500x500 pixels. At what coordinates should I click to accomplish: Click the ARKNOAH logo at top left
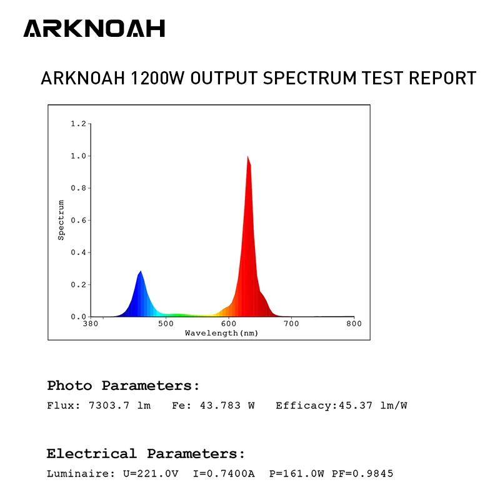[94, 28]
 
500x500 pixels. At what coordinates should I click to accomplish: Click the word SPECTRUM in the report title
[309, 78]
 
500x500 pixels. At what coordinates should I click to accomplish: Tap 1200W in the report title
[157, 78]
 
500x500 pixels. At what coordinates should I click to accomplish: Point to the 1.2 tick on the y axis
[79, 124]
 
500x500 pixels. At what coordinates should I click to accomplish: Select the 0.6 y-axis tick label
[79, 221]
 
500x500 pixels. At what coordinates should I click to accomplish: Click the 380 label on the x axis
[91, 324]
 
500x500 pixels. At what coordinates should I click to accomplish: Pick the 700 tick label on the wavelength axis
[291, 324]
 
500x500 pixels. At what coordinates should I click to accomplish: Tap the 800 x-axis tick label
[354, 324]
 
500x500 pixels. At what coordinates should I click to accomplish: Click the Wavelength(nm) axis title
[222, 333]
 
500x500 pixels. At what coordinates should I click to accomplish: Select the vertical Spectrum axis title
[61, 220]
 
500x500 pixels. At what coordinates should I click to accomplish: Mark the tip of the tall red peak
[247, 156]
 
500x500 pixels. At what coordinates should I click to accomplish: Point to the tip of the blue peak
[141, 271]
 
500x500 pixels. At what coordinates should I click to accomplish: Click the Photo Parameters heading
[123, 386]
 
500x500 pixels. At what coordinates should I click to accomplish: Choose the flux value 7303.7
[109, 406]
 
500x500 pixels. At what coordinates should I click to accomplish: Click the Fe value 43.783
[221, 406]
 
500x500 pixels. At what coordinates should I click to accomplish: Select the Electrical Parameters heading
[146, 454]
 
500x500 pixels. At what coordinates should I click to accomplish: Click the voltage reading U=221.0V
[151, 474]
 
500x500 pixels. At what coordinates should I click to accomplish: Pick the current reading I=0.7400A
[224, 474]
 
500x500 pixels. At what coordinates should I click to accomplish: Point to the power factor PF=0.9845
[362, 474]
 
